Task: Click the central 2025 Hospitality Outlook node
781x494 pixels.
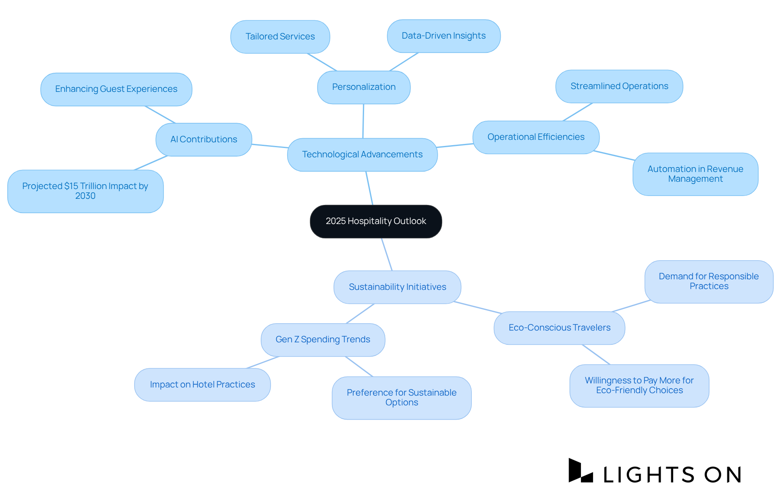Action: coord(376,221)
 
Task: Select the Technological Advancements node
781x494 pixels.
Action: coord(362,155)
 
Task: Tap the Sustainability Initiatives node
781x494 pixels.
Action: coord(397,287)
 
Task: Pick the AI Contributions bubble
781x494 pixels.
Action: coord(203,139)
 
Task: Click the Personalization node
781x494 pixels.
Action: coord(364,87)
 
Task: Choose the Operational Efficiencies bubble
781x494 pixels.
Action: coord(536,137)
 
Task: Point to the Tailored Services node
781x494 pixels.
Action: coord(280,37)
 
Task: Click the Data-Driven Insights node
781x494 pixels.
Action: coord(443,36)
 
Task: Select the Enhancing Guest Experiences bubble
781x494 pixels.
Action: coord(116,89)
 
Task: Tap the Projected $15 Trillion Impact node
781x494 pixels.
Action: coord(85,191)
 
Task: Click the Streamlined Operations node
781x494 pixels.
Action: coord(619,86)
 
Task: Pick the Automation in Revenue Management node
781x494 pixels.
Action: coord(695,174)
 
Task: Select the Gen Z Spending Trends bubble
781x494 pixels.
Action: coord(323,339)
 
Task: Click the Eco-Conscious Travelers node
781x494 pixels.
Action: coord(559,328)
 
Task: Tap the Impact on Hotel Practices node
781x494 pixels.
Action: coord(202,385)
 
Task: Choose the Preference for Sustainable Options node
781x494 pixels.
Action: coord(401,398)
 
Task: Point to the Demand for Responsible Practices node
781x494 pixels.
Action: coord(709,281)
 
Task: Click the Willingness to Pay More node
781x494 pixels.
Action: coord(639,385)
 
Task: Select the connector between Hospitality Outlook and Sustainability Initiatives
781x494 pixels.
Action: coord(387,255)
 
